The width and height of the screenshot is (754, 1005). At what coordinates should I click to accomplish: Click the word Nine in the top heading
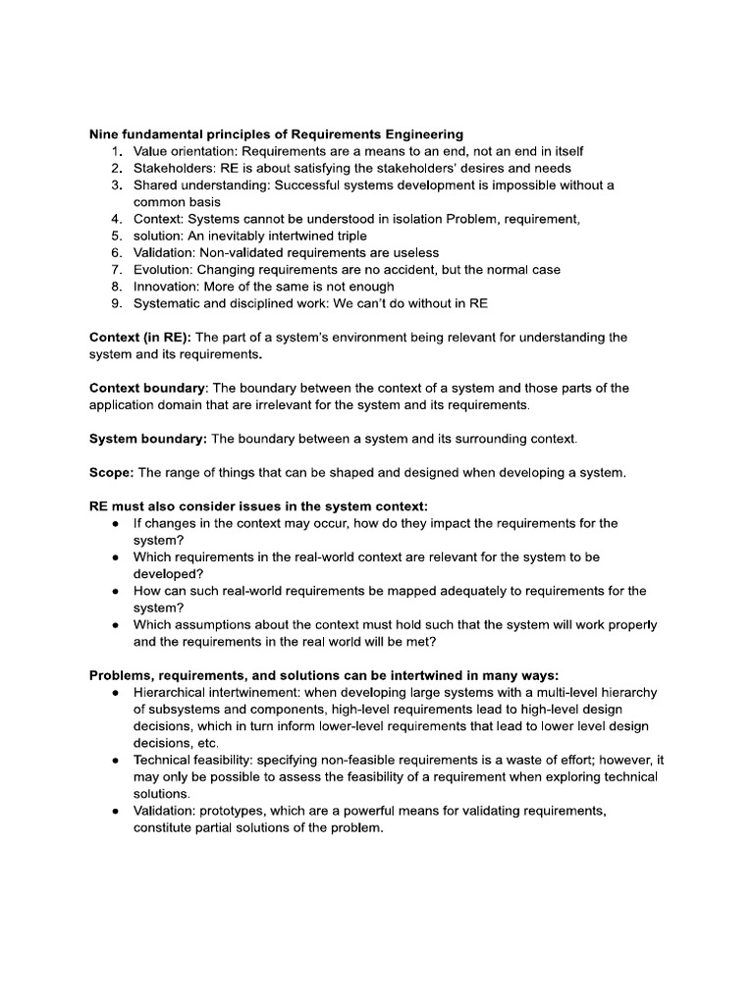tap(105, 133)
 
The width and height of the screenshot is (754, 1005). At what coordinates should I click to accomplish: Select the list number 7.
tap(116, 269)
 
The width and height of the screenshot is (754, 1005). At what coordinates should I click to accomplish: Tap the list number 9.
tap(116, 303)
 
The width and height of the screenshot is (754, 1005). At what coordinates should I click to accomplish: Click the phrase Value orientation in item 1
tap(184, 151)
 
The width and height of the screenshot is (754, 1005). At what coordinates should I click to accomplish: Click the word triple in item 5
tap(348, 236)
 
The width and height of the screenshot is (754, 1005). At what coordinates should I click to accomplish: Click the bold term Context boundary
tap(147, 388)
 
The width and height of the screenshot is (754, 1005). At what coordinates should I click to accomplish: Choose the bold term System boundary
tap(146, 438)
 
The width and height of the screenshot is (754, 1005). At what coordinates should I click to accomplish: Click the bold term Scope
tap(110, 472)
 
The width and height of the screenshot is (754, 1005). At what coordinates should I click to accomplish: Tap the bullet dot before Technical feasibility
tap(116, 761)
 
